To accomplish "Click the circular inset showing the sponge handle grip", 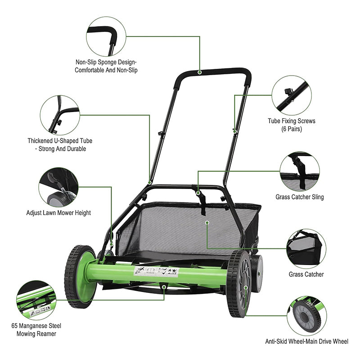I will tap(106, 36).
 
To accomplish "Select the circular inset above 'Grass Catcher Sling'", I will tap(300, 171).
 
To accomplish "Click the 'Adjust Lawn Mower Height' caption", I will tap(58, 212).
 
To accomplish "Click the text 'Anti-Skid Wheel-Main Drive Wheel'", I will tap(306, 342).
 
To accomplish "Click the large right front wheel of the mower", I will tap(238, 283).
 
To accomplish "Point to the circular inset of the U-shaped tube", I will tap(60, 115).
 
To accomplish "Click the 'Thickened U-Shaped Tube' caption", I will tap(60, 144).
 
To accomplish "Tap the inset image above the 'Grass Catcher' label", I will tap(306, 249).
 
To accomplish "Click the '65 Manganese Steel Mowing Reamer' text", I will tap(36, 329).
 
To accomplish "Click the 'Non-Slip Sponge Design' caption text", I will tap(106, 66).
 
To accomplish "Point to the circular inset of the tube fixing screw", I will tap(292, 95).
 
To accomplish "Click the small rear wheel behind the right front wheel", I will tap(256, 273).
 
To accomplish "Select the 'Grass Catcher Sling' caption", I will tap(300, 197).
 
